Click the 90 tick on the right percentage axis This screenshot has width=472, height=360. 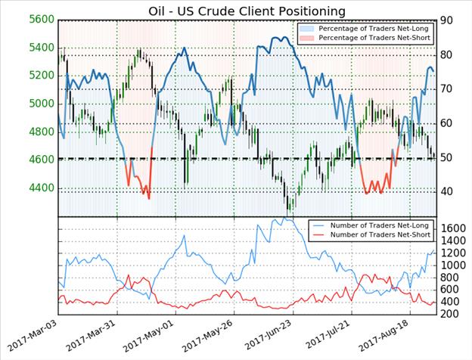click(451, 20)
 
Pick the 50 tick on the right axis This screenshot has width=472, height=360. click(451, 157)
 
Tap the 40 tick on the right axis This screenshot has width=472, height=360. click(451, 191)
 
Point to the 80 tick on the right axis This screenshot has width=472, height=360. click(451, 55)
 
